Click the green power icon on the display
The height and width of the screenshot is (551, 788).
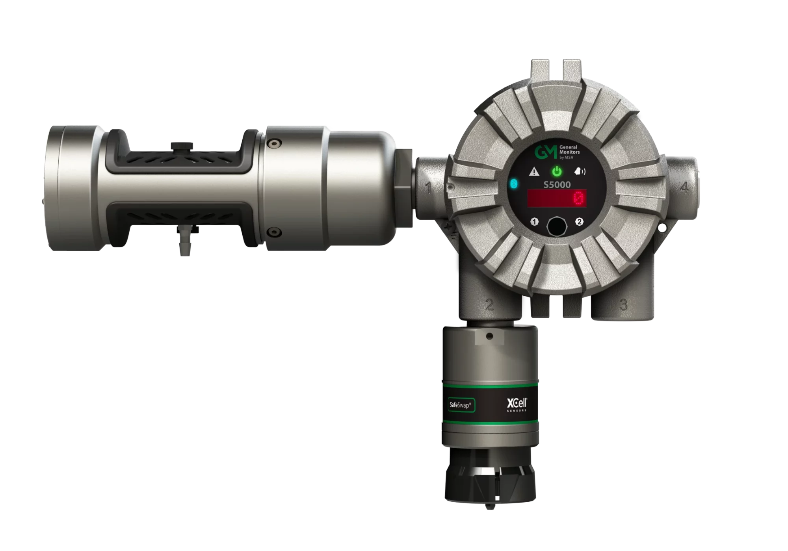(556, 171)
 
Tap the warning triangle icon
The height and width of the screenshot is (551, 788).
(534, 171)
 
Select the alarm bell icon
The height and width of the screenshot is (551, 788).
(580, 171)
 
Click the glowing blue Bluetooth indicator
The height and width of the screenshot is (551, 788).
(514, 184)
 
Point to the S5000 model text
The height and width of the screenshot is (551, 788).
(557, 184)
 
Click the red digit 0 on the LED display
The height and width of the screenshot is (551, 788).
(578, 199)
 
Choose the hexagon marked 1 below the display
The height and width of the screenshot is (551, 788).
(534, 222)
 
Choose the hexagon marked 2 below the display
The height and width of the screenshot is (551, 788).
(579, 222)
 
